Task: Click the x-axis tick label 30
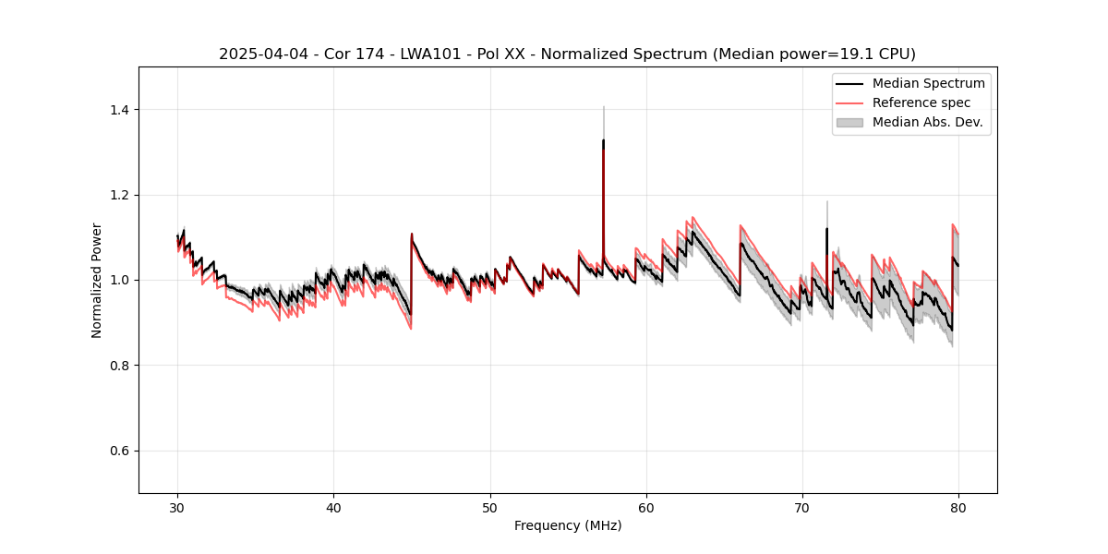pos(177,508)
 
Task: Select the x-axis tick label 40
pos(334,508)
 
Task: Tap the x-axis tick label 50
pos(490,508)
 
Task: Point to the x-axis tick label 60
pos(646,508)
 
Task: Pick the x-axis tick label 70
pos(802,508)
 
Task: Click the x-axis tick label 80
pos(958,508)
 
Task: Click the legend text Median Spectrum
pos(928,83)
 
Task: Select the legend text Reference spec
pos(921,102)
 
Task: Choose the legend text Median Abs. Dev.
pos(927,122)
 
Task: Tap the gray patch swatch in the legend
pos(849,122)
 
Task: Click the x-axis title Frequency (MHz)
pos(568,525)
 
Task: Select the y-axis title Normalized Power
pos(97,280)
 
